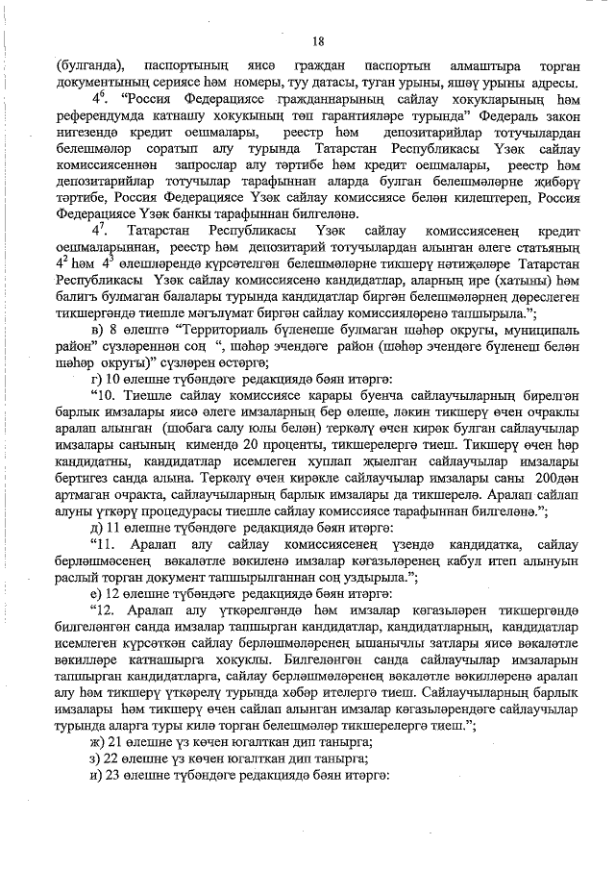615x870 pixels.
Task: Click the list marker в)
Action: (96, 331)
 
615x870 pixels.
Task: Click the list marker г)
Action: (95, 380)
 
